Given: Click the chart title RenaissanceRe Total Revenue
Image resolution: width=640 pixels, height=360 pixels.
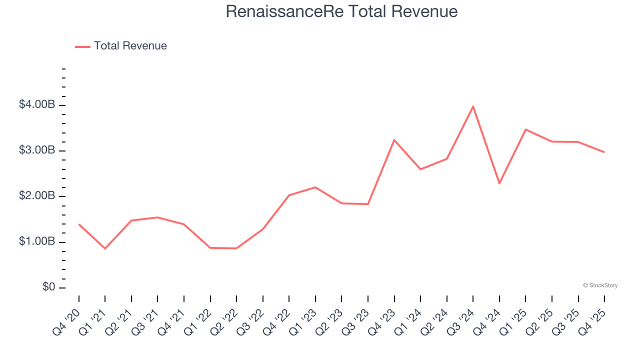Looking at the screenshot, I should click(x=341, y=11).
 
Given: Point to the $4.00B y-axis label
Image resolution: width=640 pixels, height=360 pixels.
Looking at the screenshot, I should click(x=36, y=105).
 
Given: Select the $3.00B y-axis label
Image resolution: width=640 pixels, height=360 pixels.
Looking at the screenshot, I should click(x=36, y=150).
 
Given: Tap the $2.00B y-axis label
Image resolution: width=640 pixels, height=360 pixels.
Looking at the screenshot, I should click(x=36, y=196).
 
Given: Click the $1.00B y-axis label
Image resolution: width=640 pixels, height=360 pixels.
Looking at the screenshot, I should click(x=36, y=242).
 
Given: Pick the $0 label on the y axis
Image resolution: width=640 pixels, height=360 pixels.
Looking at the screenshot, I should click(x=48, y=287).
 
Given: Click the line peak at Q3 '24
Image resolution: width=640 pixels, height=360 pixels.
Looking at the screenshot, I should click(x=473, y=106).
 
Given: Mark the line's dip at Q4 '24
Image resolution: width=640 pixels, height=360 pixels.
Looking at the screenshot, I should click(x=499, y=183).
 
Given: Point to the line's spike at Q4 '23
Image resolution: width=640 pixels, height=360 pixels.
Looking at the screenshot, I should click(x=394, y=140).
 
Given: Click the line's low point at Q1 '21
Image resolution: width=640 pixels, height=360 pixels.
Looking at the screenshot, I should click(x=105, y=248).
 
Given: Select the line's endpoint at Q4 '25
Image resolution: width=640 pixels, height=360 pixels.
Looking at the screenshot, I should click(x=604, y=152).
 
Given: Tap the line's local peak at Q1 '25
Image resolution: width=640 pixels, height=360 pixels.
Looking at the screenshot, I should click(x=525, y=129).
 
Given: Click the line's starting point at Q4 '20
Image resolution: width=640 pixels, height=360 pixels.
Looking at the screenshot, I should click(x=79, y=224).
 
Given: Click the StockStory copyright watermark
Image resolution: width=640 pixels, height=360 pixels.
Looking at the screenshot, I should click(x=600, y=285).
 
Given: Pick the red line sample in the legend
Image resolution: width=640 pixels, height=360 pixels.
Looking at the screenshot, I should click(x=82, y=46).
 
